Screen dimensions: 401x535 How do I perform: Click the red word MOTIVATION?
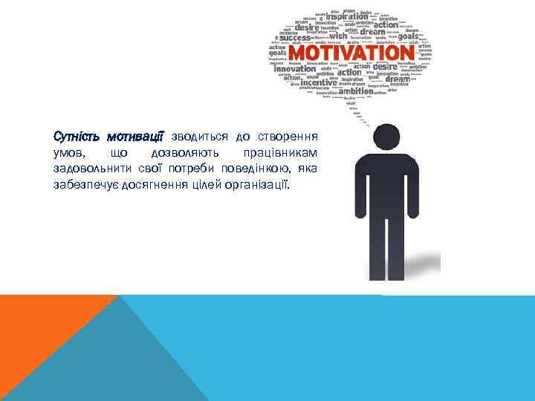350,53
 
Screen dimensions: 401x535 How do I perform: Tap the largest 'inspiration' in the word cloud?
346,16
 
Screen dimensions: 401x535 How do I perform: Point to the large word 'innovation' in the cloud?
295,69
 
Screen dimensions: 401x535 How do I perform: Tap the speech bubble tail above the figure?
357,110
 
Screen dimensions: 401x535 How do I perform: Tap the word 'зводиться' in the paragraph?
199,137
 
